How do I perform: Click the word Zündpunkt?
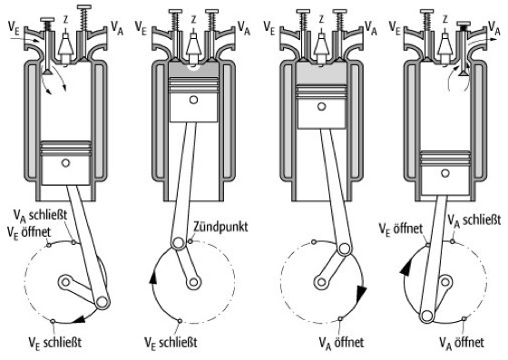coord(220,227)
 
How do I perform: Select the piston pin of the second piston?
coord(194,100)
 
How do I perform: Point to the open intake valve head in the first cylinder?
coord(47,72)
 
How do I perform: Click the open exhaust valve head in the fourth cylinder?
coord(464,73)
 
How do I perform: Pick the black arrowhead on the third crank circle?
coord(361,294)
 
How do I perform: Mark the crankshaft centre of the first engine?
coord(65,282)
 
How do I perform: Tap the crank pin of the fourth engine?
coord(426,316)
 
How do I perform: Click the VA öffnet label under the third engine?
coord(341,342)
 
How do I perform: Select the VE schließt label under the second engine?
coord(171,343)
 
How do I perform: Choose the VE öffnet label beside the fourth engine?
coord(401,229)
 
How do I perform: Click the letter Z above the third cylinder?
coord(321,20)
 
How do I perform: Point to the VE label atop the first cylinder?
coord(14,27)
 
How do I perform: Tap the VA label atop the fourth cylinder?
coord(494,27)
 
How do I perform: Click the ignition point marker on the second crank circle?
coord(190,241)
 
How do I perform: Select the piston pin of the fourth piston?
coord(444,173)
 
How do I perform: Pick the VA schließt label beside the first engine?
coord(40,215)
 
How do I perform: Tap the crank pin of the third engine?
coord(344,249)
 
